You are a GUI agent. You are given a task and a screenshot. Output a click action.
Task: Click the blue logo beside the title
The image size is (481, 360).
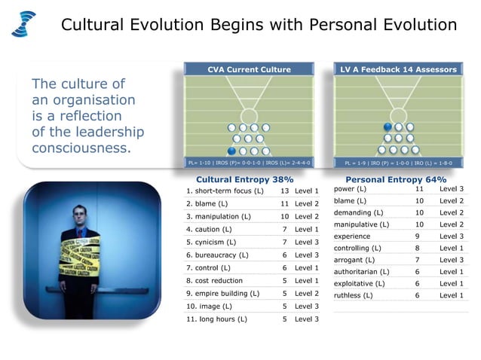[23, 23]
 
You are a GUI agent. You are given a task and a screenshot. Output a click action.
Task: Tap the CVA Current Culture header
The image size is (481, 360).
[249, 70]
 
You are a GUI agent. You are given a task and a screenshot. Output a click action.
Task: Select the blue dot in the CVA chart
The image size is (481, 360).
[232, 150]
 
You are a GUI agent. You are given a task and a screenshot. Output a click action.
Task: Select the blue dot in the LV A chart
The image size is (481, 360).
[388, 127]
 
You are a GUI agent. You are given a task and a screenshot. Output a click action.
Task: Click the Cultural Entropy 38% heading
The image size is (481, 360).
[244, 180]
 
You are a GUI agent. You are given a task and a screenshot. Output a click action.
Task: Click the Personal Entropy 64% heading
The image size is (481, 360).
[395, 180]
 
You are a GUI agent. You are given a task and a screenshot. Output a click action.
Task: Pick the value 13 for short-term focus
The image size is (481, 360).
[285, 191]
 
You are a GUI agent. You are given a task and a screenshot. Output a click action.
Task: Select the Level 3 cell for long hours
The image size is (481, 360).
[307, 319]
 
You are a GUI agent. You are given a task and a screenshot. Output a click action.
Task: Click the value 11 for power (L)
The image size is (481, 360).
[420, 189]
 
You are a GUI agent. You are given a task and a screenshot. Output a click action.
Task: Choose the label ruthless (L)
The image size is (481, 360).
[353, 295]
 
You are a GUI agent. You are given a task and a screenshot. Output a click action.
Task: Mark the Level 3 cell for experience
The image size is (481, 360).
[452, 236]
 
